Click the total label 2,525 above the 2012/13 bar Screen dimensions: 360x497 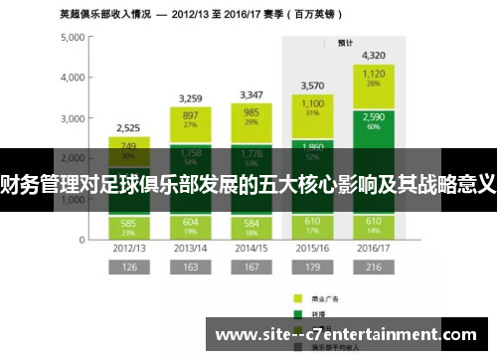coord(128,128)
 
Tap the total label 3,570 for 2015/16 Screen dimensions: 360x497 coord(313,86)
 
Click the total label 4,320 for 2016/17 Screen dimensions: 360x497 coord(374,55)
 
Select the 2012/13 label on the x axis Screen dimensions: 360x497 coord(128,248)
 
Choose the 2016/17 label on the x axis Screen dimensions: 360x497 coord(374,248)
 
